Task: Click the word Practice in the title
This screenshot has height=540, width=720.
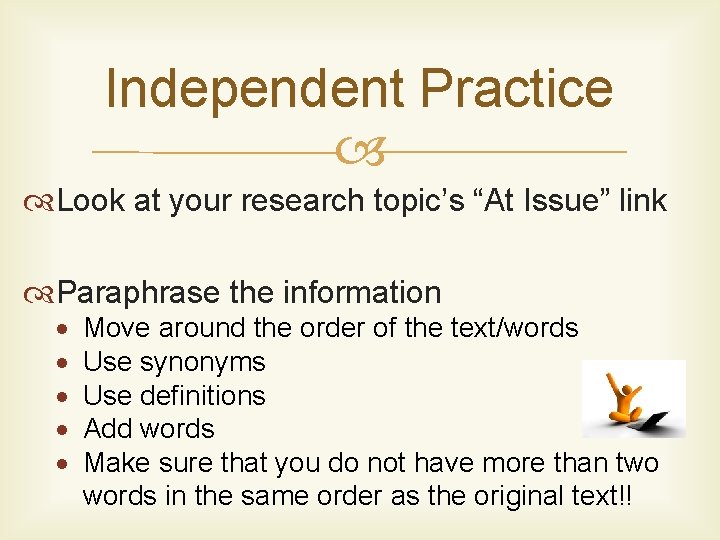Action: coord(516,88)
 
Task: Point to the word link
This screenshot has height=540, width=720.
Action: coord(642,201)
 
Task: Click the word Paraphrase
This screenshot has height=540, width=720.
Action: coord(138,293)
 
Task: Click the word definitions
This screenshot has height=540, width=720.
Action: coord(204,396)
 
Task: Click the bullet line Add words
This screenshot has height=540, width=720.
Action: coord(149,429)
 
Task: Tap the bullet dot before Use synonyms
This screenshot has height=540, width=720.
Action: coord(63,362)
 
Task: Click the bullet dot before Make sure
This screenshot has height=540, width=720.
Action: coord(63,464)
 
